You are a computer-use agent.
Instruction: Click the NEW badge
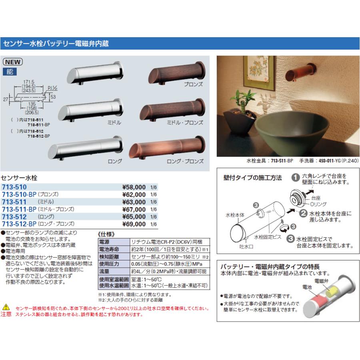13,62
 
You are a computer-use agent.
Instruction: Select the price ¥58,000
134,187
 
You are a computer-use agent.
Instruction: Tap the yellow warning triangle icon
5,308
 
